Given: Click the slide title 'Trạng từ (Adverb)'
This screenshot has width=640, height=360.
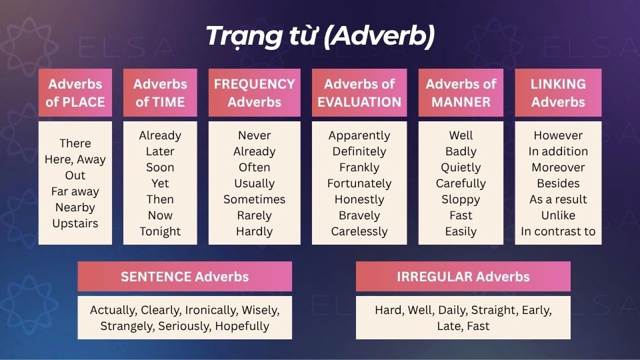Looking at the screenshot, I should coord(320,36).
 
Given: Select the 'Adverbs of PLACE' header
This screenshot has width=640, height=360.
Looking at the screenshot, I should coord(75,93).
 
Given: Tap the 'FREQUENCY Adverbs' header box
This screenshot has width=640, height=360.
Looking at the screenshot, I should coord(254,93).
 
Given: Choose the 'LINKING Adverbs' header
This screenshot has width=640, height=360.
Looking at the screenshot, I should coord(558,93).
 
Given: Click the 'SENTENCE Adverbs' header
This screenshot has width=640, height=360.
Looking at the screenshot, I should coord(185,276).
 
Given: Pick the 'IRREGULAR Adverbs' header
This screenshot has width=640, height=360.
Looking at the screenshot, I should coord(463,276).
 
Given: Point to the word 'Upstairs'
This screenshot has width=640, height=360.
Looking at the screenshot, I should coord(75,223).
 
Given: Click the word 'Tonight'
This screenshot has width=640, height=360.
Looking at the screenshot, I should coord(160,231).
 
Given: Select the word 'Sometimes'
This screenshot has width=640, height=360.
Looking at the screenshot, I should coord(254,199).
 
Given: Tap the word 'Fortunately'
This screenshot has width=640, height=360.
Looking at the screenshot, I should coord(359,183).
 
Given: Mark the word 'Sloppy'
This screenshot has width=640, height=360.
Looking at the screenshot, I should coord(461,199).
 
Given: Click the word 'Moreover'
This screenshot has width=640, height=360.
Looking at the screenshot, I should coord(558,167).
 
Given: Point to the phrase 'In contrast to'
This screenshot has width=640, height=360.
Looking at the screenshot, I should coord(558,231).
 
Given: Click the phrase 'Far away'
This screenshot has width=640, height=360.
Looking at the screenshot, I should coord(75,191).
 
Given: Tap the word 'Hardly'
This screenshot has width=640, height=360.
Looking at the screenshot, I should coord(254,231).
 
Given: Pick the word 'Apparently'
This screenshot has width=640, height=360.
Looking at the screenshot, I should coord(359,135).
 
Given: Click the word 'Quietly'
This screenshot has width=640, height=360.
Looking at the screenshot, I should coord(461,167).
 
